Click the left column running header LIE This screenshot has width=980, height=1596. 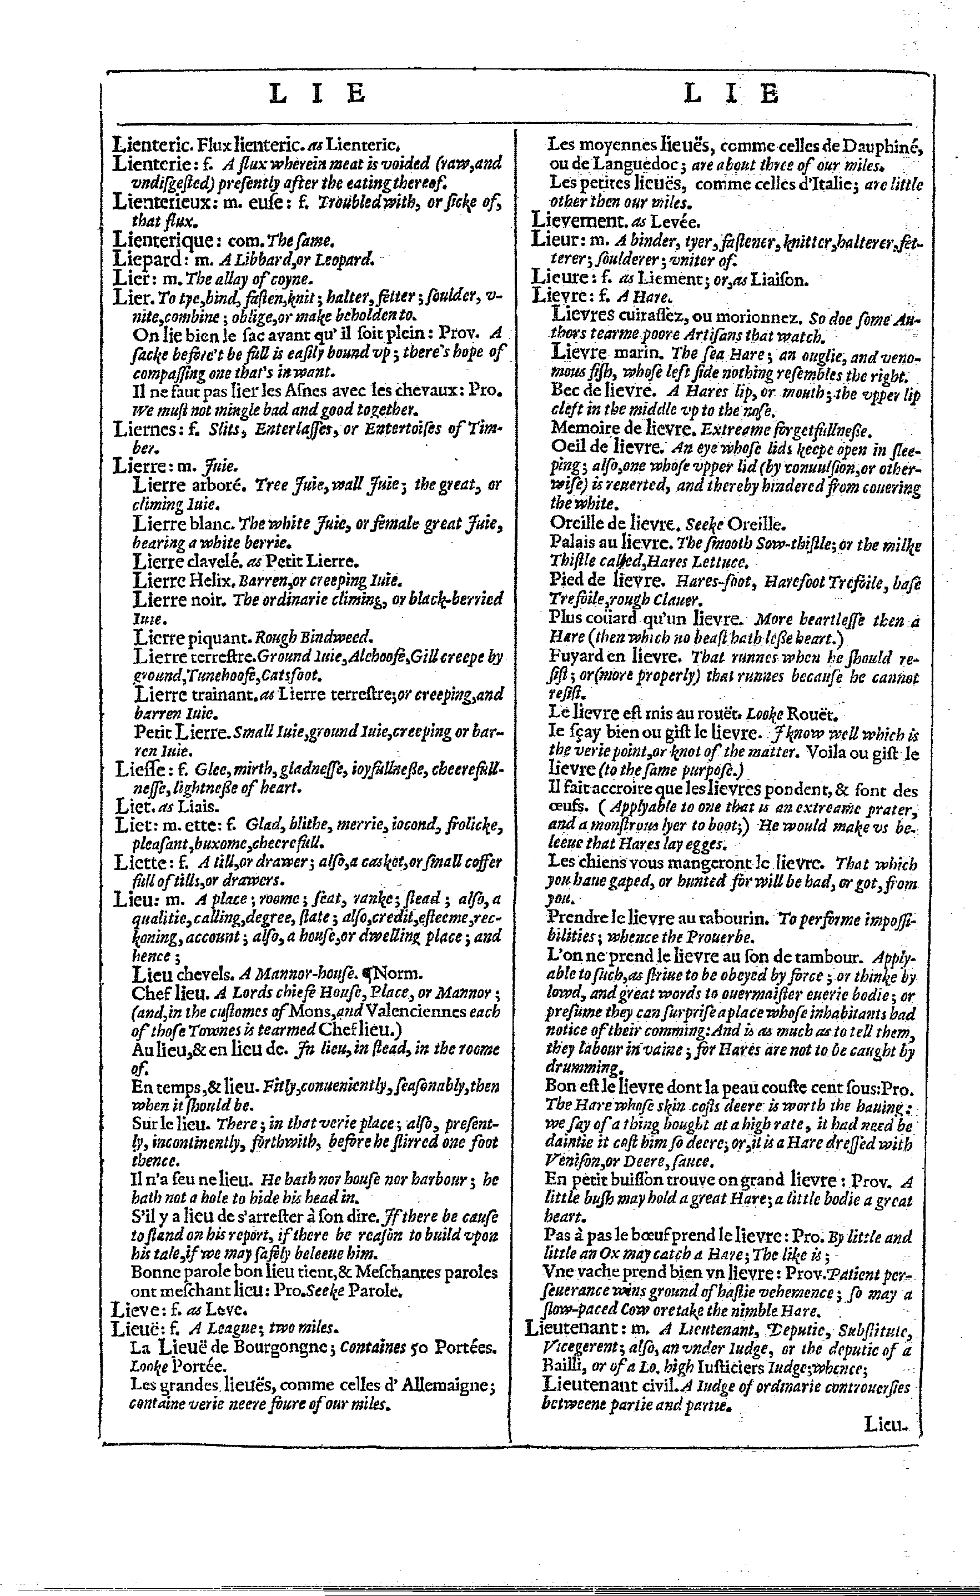point(318,94)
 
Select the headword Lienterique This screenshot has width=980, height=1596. point(163,241)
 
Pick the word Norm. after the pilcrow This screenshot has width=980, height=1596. point(399,973)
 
